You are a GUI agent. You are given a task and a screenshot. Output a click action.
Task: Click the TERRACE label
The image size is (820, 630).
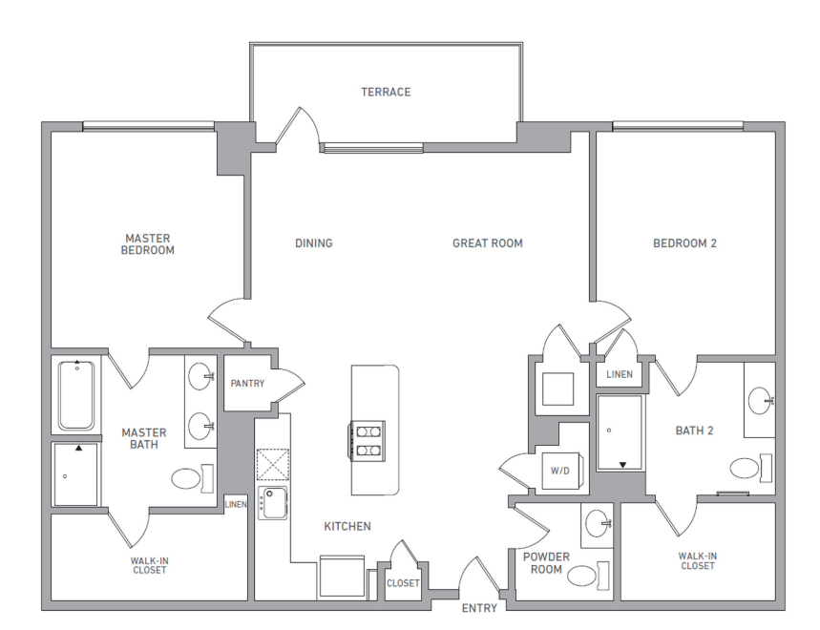tap(386, 93)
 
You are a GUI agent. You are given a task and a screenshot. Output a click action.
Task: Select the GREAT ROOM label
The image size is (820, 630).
tap(487, 243)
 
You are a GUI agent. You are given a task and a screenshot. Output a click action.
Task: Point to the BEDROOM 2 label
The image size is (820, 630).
tap(684, 243)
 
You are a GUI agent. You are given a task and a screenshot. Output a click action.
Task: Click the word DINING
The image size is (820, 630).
tap(313, 243)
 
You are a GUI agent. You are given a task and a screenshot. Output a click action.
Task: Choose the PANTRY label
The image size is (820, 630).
tap(247, 384)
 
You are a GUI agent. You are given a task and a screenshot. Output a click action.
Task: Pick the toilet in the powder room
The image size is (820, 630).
tap(582, 575)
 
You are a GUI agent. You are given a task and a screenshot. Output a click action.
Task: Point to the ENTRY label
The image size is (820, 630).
tap(479, 608)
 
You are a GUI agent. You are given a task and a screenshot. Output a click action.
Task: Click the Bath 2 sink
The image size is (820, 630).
tap(760, 402)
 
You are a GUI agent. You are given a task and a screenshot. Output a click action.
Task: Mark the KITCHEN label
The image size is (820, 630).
tap(347, 526)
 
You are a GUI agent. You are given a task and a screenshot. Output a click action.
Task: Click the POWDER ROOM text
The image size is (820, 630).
tap(546, 563)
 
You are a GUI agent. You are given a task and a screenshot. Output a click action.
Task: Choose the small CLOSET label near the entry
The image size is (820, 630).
tap(403, 583)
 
